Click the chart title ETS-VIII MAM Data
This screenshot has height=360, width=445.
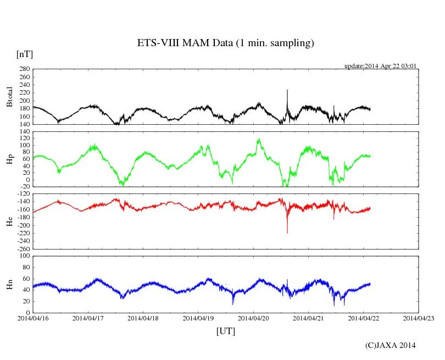point(225,43)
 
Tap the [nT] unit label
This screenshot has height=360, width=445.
point(25,54)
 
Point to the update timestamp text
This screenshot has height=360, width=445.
point(381,66)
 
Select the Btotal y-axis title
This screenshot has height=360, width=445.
point(9,97)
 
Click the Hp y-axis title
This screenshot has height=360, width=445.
point(9,159)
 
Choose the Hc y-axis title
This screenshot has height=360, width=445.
point(9,221)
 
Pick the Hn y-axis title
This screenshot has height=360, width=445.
point(9,284)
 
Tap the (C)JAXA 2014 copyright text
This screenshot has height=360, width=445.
point(391,346)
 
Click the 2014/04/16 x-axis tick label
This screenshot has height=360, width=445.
point(33,318)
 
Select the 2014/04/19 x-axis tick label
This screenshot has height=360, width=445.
point(198,318)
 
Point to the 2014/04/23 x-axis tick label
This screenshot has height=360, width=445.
point(419,318)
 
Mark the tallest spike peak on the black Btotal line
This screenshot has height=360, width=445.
point(287,90)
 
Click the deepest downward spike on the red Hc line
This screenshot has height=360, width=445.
point(287,232)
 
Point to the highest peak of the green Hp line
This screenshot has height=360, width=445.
point(259,139)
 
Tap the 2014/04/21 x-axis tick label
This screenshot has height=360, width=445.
point(308,318)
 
